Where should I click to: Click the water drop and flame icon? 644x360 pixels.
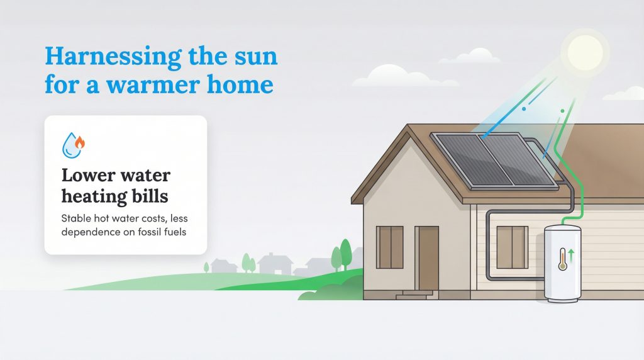(x=73, y=145)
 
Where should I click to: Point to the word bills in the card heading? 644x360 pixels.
(x=148, y=196)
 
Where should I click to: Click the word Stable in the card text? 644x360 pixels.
(x=78, y=218)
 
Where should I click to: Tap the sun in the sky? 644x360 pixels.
(x=584, y=52)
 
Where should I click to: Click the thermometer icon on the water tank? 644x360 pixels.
(x=562, y=259)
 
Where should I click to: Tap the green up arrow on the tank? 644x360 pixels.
(x=571, y=255)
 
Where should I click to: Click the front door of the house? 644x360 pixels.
(x=427, y=258)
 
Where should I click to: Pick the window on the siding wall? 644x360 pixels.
(x=512, y=247)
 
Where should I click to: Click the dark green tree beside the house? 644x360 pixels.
(x=345, y=254)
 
